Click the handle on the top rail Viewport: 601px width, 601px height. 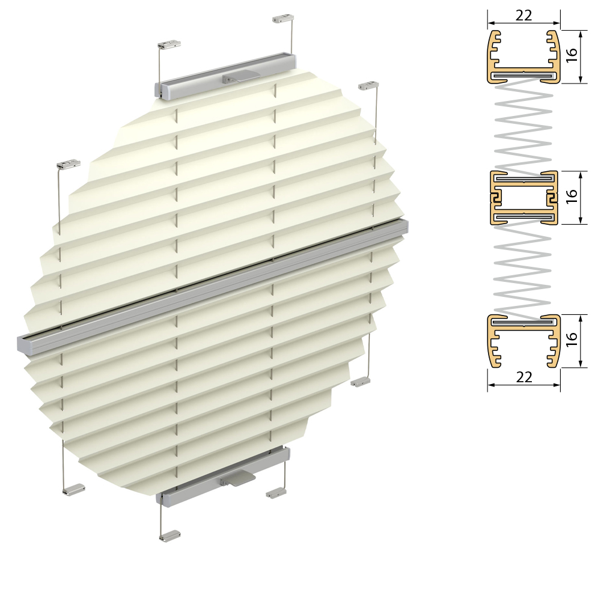pyautogui.click(x=239, y=77)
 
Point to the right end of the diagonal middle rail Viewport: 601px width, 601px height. pyautogui.click(x=403, y=225)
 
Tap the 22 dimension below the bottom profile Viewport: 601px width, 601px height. pyautogui.click(x=524, y=377)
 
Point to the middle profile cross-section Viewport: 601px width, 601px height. pyautogui.click(x=523, y=198)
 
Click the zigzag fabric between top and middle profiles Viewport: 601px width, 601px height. pyautogui.click(x=523, y=126)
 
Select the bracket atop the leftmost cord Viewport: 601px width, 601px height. pyautogui.click(x=68, y=163)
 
